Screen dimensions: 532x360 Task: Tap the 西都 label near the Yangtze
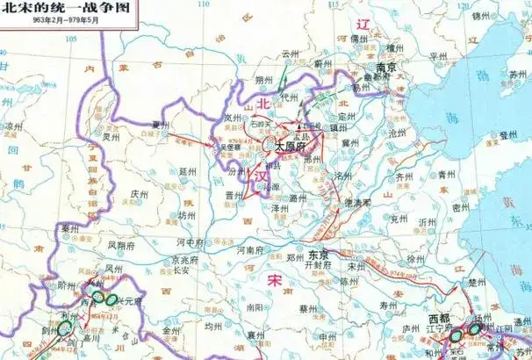[x=440, y=317]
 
